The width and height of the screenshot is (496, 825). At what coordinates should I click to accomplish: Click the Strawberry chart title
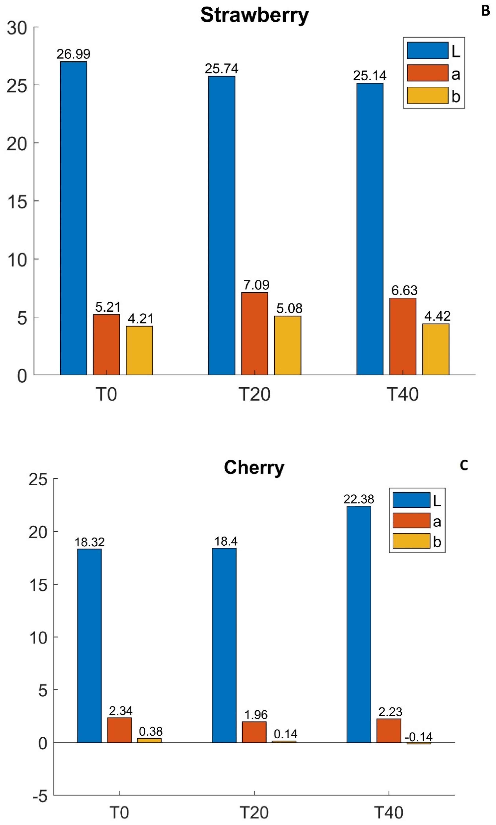(x=254, y=15)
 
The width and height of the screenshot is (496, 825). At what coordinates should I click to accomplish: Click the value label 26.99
(x=73, y=54)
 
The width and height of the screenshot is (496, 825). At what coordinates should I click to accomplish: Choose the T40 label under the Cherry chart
(x=389, y=813)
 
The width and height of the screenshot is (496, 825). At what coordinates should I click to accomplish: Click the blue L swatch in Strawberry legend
(x=427, y=50)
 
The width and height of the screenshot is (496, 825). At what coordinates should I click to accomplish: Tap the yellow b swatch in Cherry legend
(x=411, y=541)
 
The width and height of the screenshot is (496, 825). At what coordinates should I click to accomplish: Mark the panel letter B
(x=485, y=11)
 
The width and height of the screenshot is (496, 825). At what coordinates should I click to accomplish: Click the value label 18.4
(x=226, y=541)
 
